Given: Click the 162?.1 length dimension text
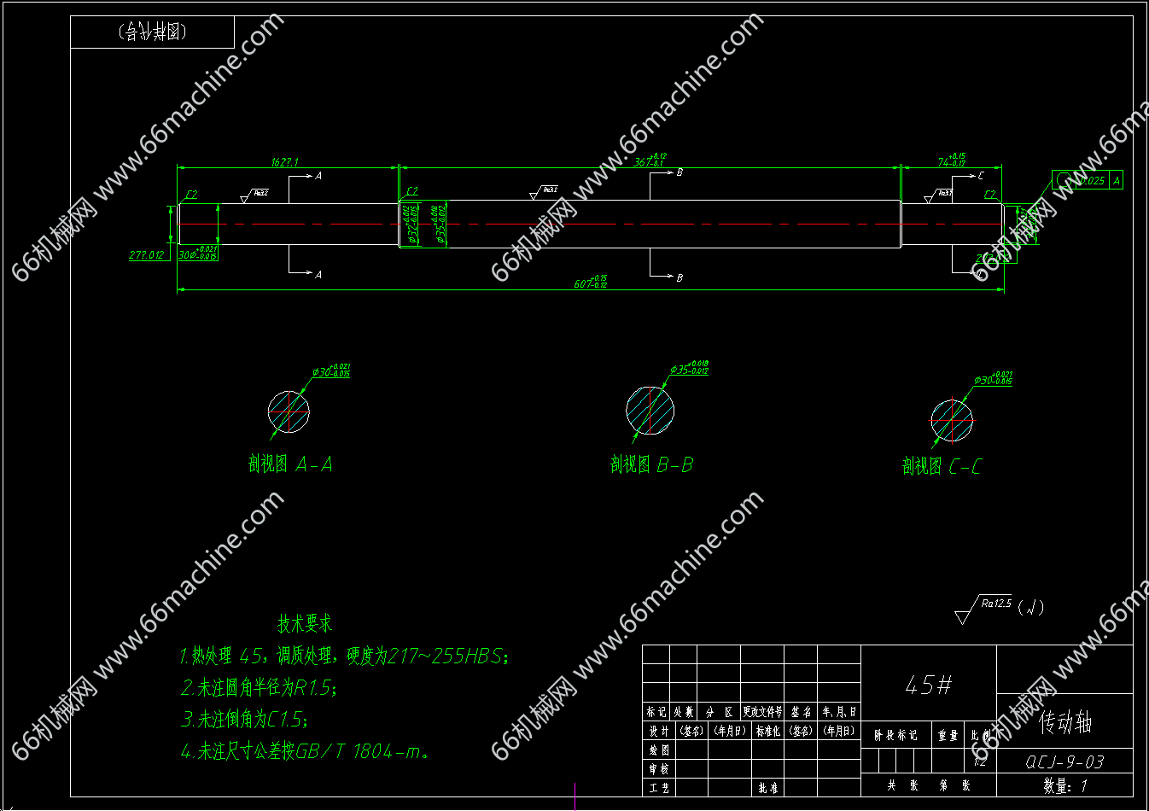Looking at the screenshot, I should tap(285, 161).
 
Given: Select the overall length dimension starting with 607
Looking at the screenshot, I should tap(590, 283).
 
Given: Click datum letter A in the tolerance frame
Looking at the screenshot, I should tap(1116, 180).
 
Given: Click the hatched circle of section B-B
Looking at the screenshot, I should tap(650, 410).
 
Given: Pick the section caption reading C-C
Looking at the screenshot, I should tap(965, 466).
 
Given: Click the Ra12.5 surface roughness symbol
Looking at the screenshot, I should tap(995, 604).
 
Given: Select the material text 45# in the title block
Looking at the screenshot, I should tap(928, 685).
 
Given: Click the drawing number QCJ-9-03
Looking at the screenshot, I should tap(1064, 761).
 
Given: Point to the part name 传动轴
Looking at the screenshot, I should tap(1065, 724).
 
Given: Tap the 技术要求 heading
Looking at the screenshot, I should tap(305, 623).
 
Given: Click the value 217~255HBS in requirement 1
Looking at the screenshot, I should tap(448, 656).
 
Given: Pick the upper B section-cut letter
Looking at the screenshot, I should tap(679, 172).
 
